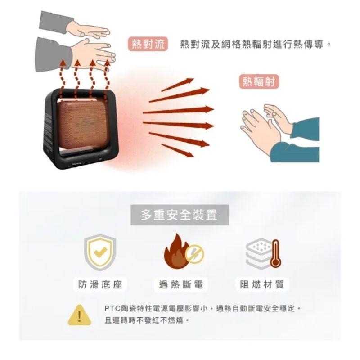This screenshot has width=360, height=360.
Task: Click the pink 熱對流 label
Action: pos(147,44)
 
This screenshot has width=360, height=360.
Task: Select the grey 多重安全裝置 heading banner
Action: pos(180,215)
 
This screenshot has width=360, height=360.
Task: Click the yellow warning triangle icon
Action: pos(79,315)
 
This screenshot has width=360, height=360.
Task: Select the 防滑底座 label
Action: pos(100,284)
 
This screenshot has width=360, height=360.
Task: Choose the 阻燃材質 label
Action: pos(261,284)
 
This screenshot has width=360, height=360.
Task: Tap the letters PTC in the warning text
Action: pos(111,309)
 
